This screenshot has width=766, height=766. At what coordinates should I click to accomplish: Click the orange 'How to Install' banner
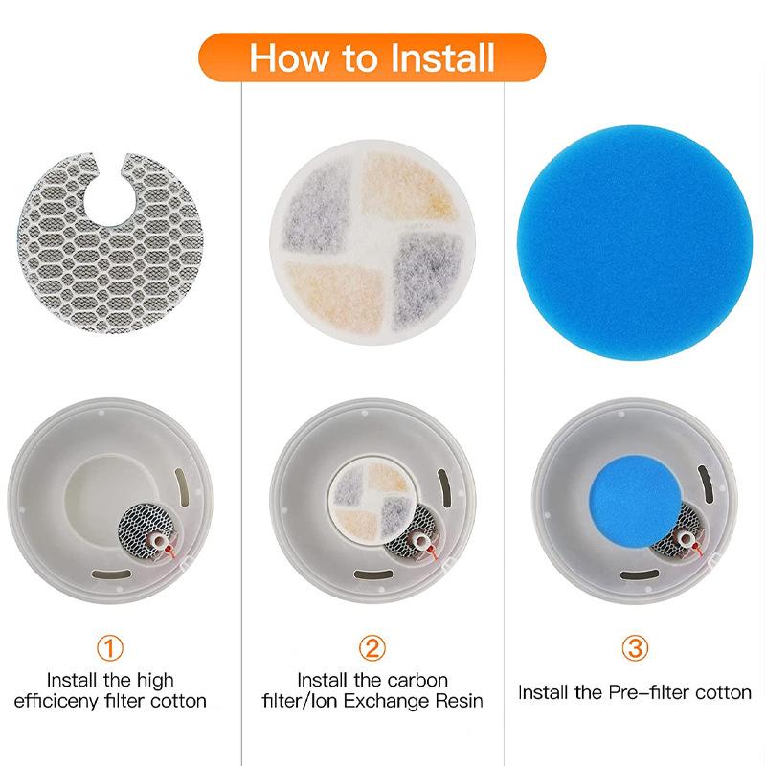coord(372,57)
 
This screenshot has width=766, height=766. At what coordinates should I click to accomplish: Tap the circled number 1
coord(113,648)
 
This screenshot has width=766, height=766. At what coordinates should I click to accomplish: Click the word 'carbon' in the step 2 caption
coord(413,680)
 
